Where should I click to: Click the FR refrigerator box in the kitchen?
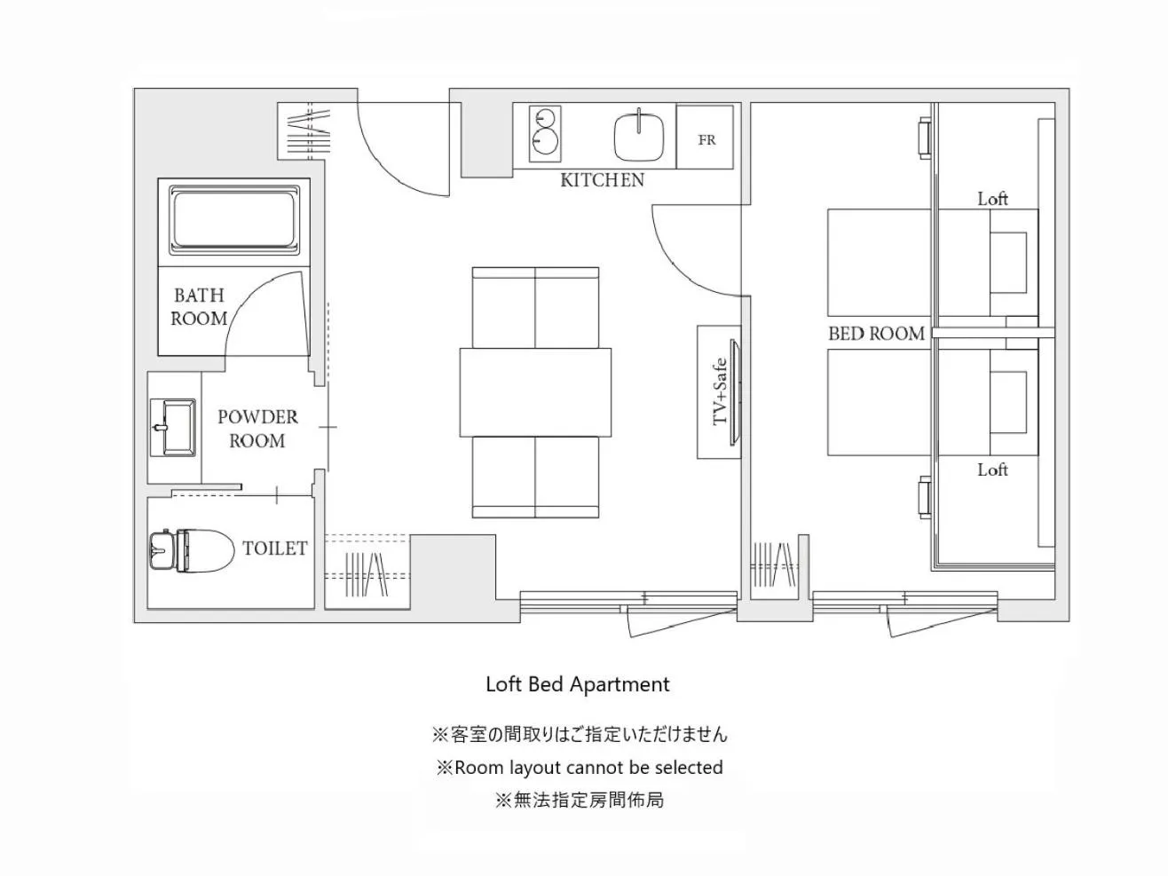coord(706,138)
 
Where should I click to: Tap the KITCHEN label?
coord(602,180)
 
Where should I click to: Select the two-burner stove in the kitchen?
coord(544,133)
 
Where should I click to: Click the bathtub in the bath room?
coord(233,221)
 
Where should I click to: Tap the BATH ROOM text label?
coord(199,307)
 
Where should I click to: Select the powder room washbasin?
coord(173,427)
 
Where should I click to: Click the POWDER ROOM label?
coord(257,429)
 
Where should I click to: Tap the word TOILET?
coord(274,548)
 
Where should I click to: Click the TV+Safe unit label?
coord(720,391)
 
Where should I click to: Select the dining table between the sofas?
coord(535,391)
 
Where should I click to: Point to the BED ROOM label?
coord(876,334)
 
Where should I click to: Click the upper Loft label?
coord(992,199)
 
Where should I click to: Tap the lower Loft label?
coord(992,470)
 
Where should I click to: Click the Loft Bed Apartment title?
coord(577,684)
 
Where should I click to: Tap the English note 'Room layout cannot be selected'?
coord(579,768)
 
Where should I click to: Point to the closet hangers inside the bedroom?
coord(774,564)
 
